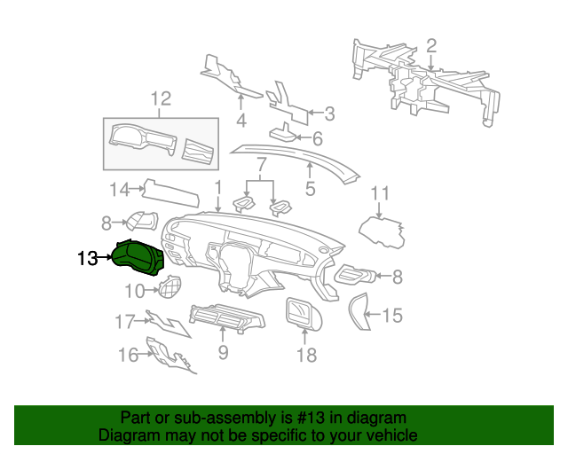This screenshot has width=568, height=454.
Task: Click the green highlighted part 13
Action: coord(138,257)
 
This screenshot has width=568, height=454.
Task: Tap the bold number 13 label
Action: coord(88,259)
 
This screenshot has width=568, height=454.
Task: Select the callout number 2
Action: coord(431,46)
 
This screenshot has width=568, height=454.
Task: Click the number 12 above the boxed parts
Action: coord(161,98)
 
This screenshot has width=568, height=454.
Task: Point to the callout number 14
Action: coord(119,190)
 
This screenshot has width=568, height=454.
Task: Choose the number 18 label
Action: coord(306,356)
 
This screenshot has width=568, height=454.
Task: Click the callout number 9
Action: coord(223,352)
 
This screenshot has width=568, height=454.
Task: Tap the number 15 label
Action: coord(392,316)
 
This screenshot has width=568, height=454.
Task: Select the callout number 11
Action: coord(380,193)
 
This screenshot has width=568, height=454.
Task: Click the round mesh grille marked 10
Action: coord(170,286)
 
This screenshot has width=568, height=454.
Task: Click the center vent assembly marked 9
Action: coord(227,317)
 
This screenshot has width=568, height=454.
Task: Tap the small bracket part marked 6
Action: coord(283,133)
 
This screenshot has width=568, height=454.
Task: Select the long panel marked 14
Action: coord(170,192)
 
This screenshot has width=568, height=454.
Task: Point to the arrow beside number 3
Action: coord(316,113)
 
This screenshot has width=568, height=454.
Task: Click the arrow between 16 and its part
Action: coord(146,354)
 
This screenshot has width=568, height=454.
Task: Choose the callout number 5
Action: coord(310,189)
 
